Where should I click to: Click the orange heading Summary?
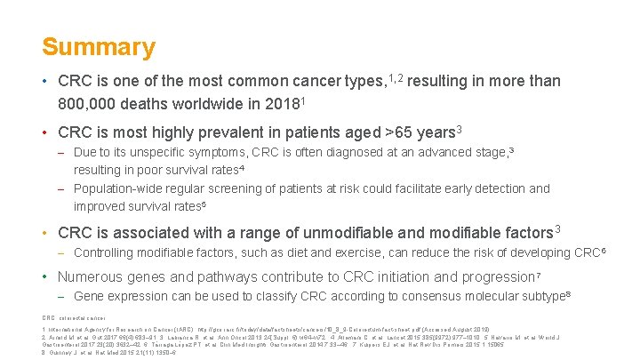[x=99, y=46]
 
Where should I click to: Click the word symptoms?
[x=230, y=152]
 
